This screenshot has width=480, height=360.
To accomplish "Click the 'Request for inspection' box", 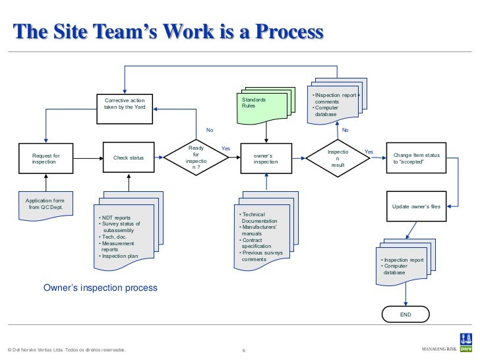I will pos(46,158).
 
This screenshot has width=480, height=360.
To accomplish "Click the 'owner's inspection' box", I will pos(266,158).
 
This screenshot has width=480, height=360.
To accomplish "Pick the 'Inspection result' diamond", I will pos(338,158).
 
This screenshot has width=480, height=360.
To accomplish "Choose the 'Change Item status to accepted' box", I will pos(416,158).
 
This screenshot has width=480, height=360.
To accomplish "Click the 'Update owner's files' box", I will pos(416,207).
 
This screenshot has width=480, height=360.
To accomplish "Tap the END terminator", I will pos(405,315).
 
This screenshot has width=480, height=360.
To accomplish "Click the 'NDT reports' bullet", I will pos(115,218).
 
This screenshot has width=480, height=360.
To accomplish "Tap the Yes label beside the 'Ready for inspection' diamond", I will pos(225,148).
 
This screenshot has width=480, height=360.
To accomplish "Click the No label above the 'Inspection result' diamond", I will pos(344,130).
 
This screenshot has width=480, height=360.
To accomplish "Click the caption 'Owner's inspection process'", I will pos(101,288).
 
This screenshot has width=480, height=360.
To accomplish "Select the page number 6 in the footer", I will pos(245,350).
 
